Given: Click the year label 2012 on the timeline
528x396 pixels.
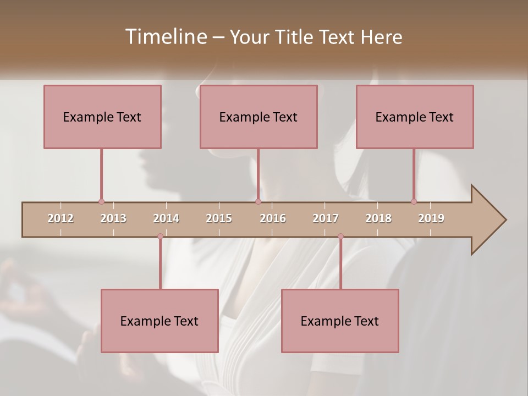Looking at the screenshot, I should click(x=61, y=218).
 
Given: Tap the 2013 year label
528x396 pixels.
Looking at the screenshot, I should click(x=113, y=218).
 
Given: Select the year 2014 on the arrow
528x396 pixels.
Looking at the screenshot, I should click(x=166, y=218).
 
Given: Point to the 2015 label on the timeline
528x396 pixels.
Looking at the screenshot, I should click(x=219, y=218).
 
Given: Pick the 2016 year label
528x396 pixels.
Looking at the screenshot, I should click(x=273, y=218).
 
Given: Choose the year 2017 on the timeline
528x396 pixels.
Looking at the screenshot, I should click(x=326, y=218).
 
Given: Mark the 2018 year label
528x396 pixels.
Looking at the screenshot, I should click(x=378, y=218).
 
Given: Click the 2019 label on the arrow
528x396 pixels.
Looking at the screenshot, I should click(x=431, y=218).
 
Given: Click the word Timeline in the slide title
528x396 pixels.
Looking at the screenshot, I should click(x=166, y=37).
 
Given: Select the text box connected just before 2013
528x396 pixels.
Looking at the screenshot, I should click(x=102, y=117).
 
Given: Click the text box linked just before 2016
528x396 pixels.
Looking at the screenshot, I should click(x=258, y=117).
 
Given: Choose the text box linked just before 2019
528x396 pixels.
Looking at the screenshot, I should click(x=415, y=117).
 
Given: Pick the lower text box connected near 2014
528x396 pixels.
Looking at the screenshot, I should click(x=159, y=321).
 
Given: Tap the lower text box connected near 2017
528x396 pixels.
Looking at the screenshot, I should click(x=340, y=321).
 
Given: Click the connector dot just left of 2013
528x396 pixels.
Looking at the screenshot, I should click(x=101, y=201).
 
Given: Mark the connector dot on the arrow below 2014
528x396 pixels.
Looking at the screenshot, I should click(x=160, y=236).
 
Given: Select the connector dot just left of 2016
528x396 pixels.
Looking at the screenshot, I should click(x=258, y=201).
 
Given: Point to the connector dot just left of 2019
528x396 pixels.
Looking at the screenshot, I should click(x=414, y=201).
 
